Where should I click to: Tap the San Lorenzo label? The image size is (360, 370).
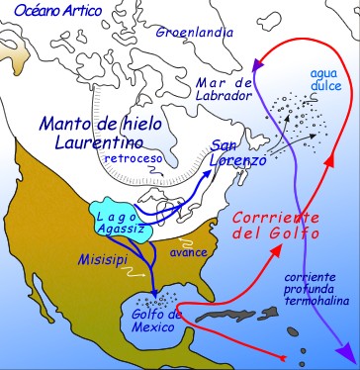pos(238,152)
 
